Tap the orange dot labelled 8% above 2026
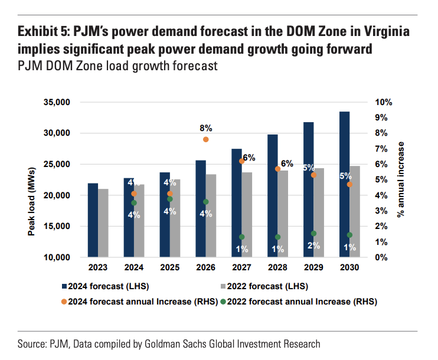click(x=205, y=139)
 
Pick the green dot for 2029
click(x=314, y=234)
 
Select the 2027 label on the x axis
click(x=241, y=267)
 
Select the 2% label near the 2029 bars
click(x=314, y=246)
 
